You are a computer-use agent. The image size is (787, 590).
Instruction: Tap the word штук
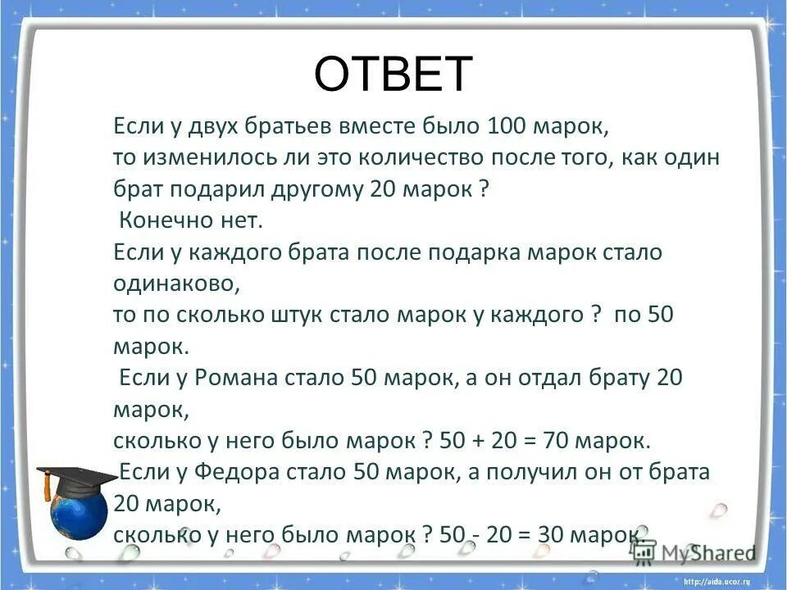357,315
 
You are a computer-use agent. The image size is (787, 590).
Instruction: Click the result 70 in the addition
555,441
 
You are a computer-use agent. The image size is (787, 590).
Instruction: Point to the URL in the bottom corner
721,580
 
